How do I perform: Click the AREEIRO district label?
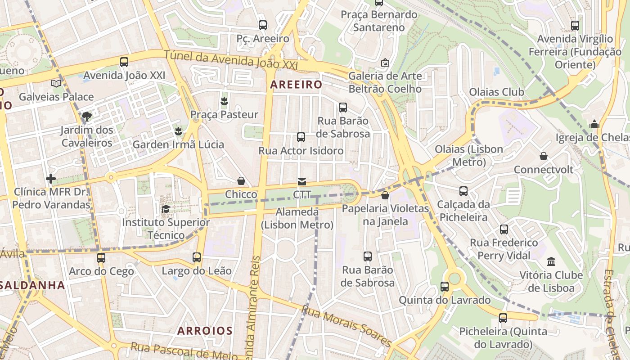[296, 85]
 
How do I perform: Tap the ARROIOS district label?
[205, 331]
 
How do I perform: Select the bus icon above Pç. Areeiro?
[262, 25]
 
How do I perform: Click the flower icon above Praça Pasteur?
[224, 101]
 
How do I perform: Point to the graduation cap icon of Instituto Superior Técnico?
[166, 209]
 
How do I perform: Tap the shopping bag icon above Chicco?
[241, 181]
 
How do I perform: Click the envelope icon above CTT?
[301, 182]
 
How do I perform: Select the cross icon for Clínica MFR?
[51, 179]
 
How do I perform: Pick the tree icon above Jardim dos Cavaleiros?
[87, 117]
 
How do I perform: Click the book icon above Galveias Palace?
[56, 83]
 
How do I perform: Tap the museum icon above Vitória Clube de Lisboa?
[551, 261]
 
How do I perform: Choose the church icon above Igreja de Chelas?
[594, 124]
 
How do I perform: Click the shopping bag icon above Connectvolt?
[544, 156]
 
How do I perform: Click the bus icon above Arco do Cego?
[101, 258]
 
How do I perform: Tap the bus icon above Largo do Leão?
[197, 257]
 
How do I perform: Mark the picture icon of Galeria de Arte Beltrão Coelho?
[385, 63]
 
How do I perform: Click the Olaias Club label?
[496, 92]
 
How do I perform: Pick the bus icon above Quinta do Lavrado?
[445, 287]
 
